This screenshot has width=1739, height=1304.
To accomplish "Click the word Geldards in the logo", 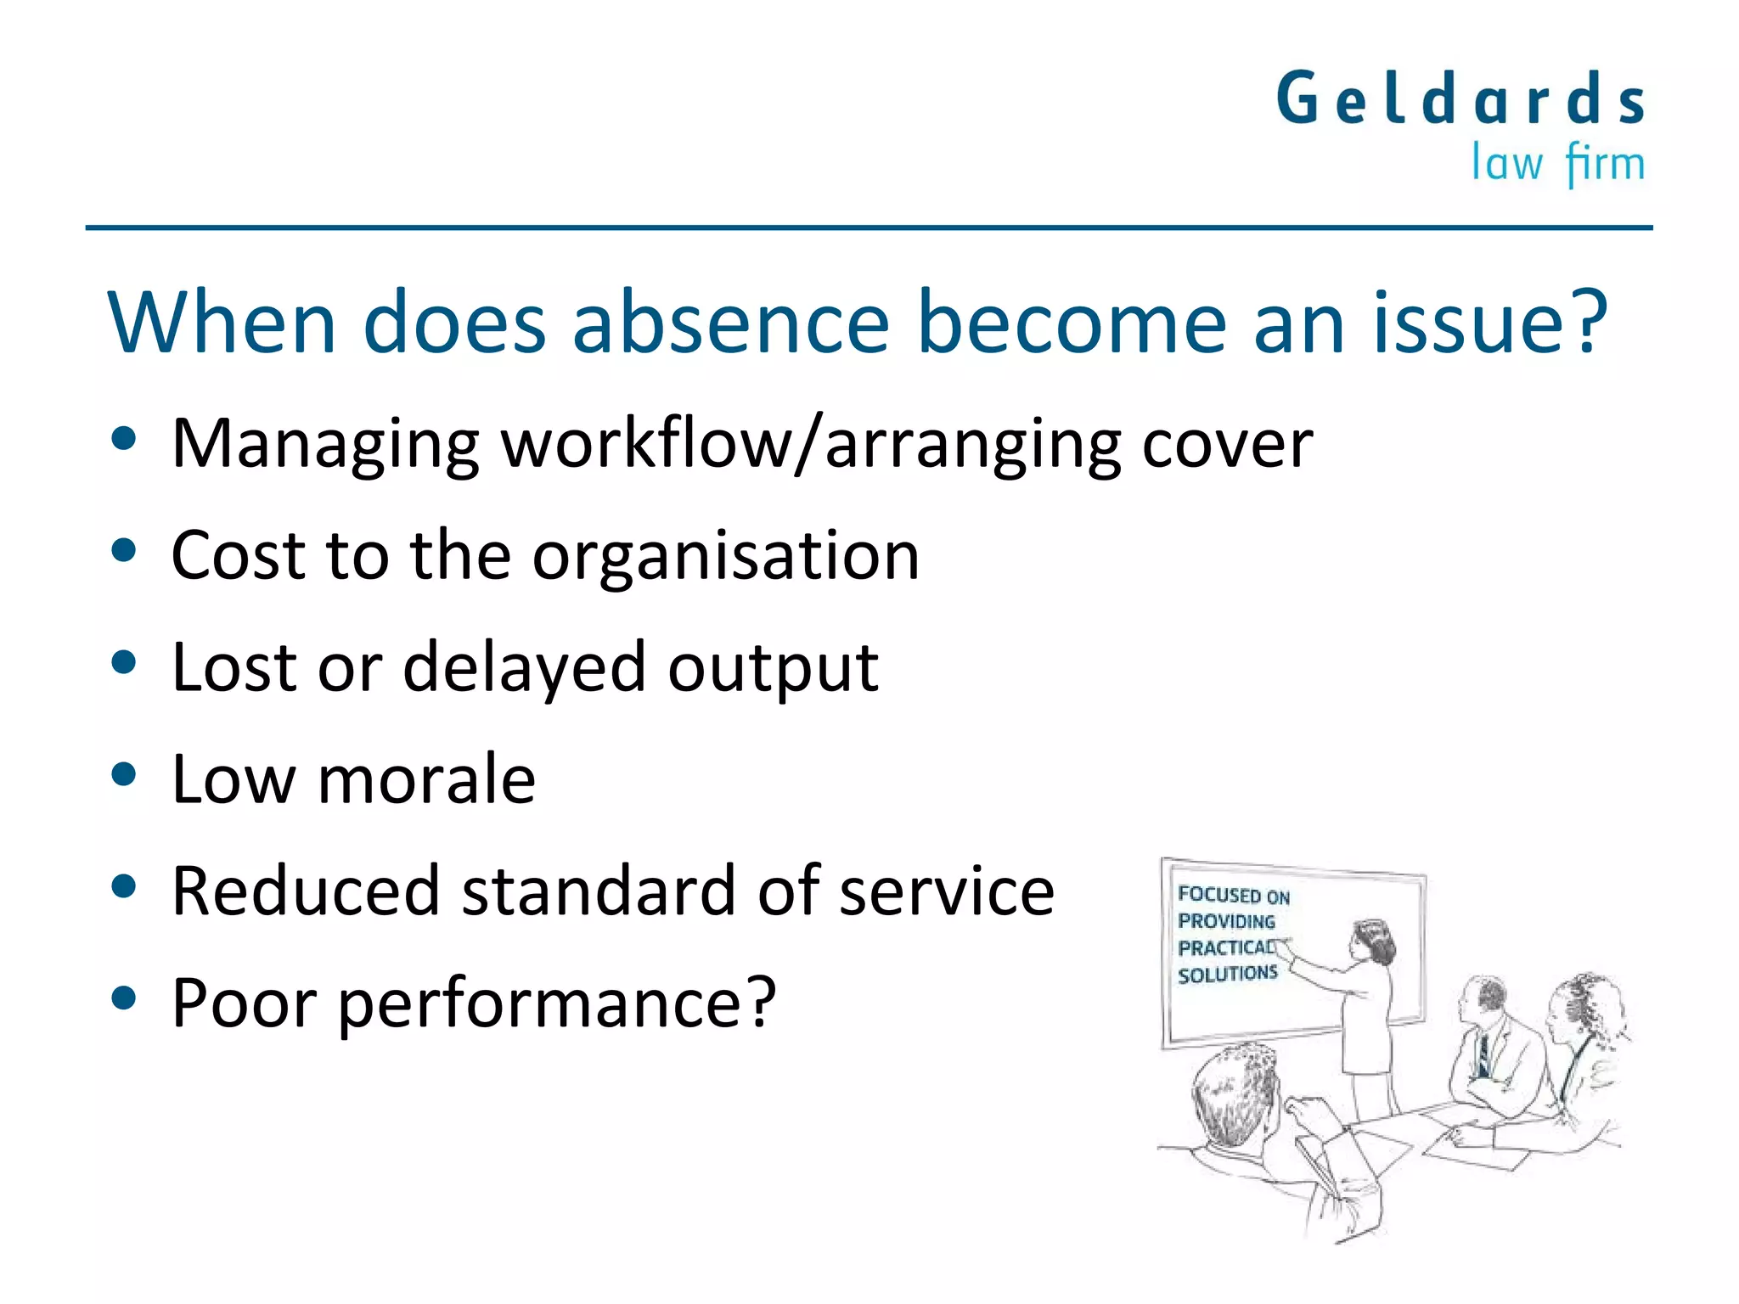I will (1460, 99).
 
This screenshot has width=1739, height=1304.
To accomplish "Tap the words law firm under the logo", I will (1557, 163).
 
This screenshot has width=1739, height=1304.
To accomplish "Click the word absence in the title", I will (730, 323).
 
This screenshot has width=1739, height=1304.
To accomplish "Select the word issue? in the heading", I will (1490, 323).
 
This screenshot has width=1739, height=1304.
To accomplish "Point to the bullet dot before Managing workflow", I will (124, 439).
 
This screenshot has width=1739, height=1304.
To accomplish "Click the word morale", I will (426, 779).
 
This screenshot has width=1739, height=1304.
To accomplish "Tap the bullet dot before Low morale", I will (124, 775).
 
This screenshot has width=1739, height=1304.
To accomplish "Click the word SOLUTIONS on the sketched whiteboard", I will (1227, 974).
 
